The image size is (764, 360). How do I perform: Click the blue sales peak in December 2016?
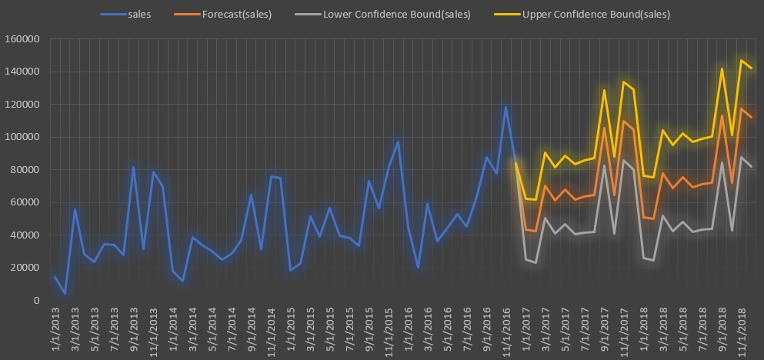(x=506, y=107)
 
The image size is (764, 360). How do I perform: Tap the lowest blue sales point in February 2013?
(x=65, y=294)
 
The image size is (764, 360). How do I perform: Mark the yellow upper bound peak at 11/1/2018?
(x=742, y=60)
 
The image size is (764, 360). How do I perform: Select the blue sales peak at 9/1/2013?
(x=134, y=167)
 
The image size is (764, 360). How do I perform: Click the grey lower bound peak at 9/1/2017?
(x=605, y=165)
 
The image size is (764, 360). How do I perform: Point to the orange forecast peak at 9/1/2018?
(x=722, y=115)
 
